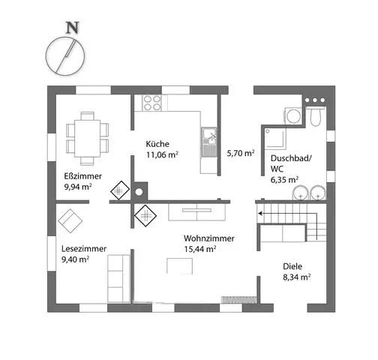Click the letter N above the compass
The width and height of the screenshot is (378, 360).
pyautogui.click(x=73, y=28)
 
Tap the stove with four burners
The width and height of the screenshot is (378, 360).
pyautogui.click(x=151, y=103)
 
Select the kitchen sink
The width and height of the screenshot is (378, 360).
pyautogui.click(x=209, y=142)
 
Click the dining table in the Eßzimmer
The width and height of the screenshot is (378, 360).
pyautogui.click(x=87, y=138)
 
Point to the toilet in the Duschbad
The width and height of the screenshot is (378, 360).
pyautogui.click(x=316, y=116)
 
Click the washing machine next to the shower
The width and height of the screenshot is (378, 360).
pyautogui.click(x=293, y=115)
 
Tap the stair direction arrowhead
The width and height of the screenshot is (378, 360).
pyautogui.click(x=260, y=214)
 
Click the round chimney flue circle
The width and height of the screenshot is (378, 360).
pyautogui.click(x=139, y=192)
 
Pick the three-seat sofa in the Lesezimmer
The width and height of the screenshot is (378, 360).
pyautogui.click(x=118, y=279)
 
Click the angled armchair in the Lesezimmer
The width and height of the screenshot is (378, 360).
pyautogui.click(x=70, y=221)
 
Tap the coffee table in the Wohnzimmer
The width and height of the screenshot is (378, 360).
pyautogui.click(x=179, y=266)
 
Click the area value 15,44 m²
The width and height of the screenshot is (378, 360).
pyautogui.click(x=200, y=249)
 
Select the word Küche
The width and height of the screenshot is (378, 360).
pyautogui.click(x=157, y=144)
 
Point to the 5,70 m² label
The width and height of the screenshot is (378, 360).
pyautogui.click(x=241, y=153)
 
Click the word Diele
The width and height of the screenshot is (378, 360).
pyautogui.click(x=292, y=266)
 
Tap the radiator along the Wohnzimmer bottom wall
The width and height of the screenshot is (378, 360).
pyautogui.click(x=238, y=300)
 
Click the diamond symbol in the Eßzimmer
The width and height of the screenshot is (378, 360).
pyautogui.click(x=120, y=190)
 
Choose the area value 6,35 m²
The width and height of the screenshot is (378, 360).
pyautogui.click(x=284, y=180)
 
